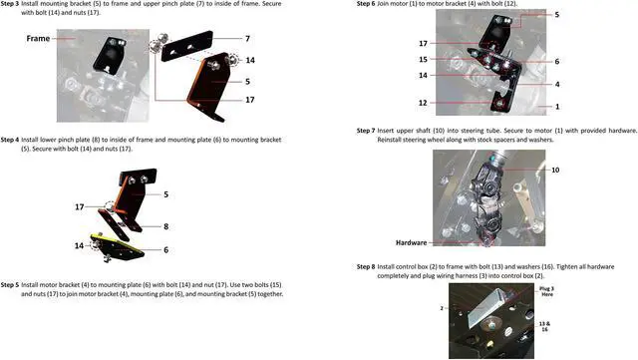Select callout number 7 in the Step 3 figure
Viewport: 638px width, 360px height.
tap(247, 38)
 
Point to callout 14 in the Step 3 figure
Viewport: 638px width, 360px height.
tap(250, 60)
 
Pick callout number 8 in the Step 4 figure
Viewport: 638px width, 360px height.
tap(164, 226)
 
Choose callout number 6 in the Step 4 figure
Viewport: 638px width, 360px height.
tap(164, 249)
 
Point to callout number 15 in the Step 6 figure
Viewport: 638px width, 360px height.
tap(424, 60)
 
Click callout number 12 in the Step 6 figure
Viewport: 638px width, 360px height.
tap(424, 103)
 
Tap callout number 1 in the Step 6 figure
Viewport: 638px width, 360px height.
tap(556, 106)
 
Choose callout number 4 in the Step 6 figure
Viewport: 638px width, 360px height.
tap(556, 84)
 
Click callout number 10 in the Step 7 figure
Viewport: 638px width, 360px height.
tap(555, 171)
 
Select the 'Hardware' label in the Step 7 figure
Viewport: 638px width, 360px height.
tap(412, 242)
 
